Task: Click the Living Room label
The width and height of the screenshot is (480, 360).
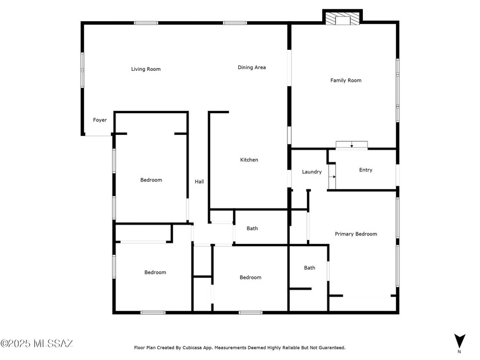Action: [x=146, y=69]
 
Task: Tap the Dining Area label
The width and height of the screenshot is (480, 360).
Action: [x=251, y=67]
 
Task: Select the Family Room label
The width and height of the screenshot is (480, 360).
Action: [x=346, y=81]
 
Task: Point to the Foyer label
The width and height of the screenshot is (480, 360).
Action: [x=100, y=120]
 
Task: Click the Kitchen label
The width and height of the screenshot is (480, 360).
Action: [x=249, y=160]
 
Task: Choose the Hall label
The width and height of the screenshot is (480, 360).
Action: [x=199, y=182]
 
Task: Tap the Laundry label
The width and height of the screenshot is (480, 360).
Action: [x=311, y=172]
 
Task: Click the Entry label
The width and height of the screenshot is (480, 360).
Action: [x=366, y=170]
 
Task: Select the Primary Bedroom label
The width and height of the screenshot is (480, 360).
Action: [x=355, y=234]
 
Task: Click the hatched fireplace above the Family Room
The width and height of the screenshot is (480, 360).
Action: [x=343, y=19]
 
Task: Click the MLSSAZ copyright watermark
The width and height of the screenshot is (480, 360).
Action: [x=37, y=343]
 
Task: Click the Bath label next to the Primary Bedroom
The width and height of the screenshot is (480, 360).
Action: [x=309, y=267]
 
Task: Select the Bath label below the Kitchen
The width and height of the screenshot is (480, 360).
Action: [x=252, y=229]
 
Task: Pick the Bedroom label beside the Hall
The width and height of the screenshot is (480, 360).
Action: [x=151, y=180]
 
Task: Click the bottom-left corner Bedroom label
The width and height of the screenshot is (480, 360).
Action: [x=155, y=273]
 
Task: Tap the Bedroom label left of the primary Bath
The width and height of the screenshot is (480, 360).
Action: [x=250, y=278]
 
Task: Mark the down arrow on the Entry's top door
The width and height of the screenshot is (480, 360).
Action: [x=351, y=146]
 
